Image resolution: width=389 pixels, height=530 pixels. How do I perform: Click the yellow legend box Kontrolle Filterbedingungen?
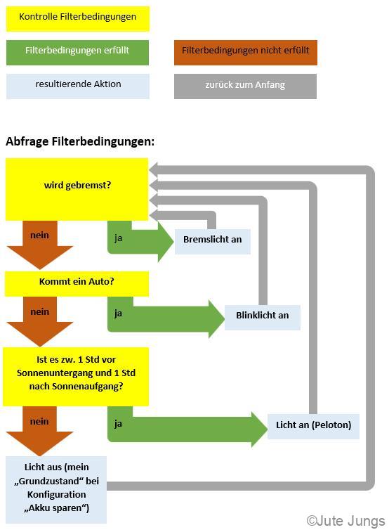click(x=78, y=19)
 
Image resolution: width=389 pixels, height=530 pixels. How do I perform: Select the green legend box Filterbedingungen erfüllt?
click(x=77, y=53)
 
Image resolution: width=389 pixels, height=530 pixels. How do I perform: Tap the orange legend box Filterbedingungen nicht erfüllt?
click(x=246, y=53)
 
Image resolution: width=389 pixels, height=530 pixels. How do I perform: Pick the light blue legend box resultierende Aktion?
click(x=78, y=86)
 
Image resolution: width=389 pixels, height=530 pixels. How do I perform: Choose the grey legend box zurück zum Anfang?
click(x=245, y=86)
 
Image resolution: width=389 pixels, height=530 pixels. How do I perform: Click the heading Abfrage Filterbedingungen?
click(x=80, y=141)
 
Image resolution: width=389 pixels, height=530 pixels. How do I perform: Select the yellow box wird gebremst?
click(x=77, y=189)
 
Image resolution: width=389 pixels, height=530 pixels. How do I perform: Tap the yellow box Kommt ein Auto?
click(x=77, y=283)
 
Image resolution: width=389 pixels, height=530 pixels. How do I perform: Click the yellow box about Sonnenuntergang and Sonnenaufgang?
click(x=76, y=377)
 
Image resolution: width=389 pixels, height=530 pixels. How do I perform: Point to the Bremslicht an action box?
click(x=212, y=241)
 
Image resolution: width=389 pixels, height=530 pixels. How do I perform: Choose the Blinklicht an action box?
click(x=263, y=318)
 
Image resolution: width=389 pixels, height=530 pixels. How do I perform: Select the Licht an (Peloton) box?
click(x=313, y=426)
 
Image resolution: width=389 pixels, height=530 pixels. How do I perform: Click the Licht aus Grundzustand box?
click(x=56, y=489)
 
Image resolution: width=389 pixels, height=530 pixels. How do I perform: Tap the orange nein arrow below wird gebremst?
click(x=40, y=245)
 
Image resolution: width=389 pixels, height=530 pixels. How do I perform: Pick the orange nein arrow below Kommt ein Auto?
click(x=40, y=321)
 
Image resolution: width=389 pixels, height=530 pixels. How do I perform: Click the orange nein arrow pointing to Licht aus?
click(x=39, y=431)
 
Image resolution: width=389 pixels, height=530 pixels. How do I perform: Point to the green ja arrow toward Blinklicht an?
click(x=166, y=318)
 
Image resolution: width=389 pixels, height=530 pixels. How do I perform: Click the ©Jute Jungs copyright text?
click(x=345, y=521)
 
